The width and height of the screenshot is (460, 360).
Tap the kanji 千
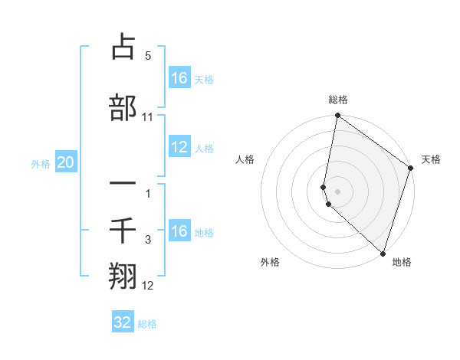123,229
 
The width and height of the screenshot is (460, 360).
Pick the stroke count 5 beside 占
148,56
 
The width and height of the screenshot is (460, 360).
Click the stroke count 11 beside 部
148,116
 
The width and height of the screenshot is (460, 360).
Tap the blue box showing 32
123,322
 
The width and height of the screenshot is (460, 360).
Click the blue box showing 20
65,162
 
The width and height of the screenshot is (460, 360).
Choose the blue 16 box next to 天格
179,78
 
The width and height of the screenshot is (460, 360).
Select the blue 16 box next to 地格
179,231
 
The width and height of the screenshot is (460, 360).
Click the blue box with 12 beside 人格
179,148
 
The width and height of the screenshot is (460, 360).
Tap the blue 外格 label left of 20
40,163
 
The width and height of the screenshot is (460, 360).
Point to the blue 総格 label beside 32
147,324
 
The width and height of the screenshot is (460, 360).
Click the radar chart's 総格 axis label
338,100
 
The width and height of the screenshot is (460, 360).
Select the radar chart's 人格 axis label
245,159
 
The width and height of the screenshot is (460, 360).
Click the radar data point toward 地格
383,254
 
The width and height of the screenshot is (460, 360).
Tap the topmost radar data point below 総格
337,116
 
